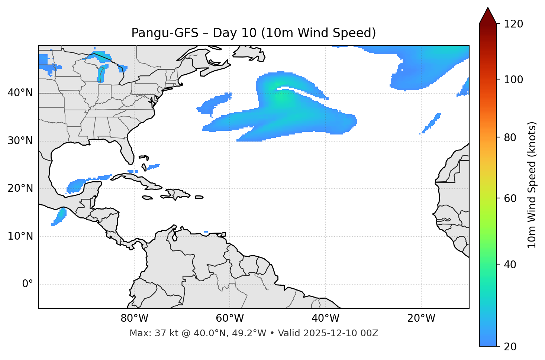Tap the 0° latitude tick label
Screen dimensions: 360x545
pyautogui.click(x=28, y=284)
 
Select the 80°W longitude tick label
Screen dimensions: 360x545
pyautogui.click(x=134, y=318)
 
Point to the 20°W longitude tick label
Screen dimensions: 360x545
pyautogui.click(x=421, y=318)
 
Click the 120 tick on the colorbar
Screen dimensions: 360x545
pyautogui.click(x=513, y=24)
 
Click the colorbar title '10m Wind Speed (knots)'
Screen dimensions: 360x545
pyautogui.click(x=532, y=185)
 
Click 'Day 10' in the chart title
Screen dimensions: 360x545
pyautogui.click(x=235, y=33)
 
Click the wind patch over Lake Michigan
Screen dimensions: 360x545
pyautogui.click(x=101, y=74)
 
